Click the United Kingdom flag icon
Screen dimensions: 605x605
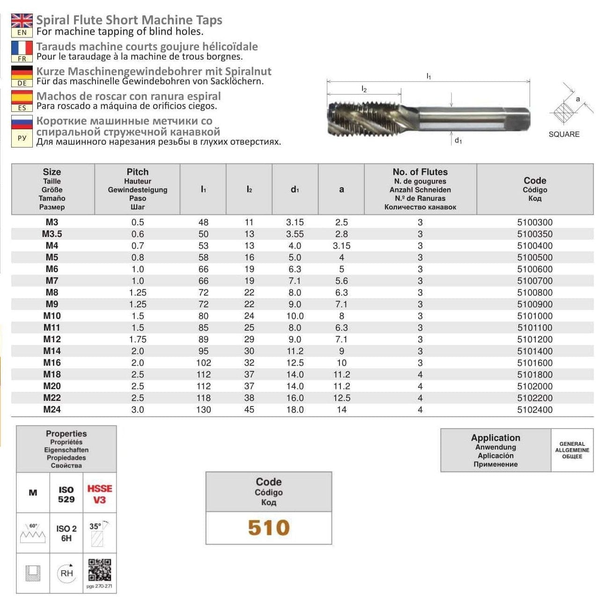[22, 21]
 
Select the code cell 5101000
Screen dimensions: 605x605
[534, 316]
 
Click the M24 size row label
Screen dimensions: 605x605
[52, 410]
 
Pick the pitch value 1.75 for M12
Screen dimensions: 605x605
[137, 339]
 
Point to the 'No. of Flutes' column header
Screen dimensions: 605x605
[420, 172]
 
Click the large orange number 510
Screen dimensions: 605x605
[269, 528]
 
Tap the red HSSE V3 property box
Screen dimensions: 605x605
[99, 494]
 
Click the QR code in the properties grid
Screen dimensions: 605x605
[99, 570]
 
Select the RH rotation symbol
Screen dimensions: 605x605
[66, 573]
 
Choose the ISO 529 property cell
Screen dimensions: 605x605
[66, 494]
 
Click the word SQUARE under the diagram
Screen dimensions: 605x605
[564, 134]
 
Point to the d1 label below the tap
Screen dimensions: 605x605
[458, 140]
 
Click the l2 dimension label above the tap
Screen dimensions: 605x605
[364, 89]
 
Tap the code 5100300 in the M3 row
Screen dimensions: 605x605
[534, 222]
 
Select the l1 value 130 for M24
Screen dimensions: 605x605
[203, 410]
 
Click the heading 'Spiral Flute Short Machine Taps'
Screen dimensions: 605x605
[129, 20]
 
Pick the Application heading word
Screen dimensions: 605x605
[495, 438]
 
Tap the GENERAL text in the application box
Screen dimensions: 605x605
[572, 444]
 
